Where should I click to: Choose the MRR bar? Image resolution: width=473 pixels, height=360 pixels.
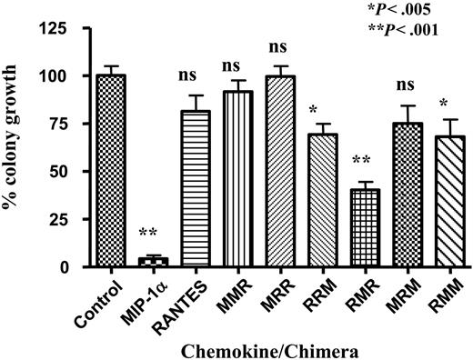[274, 172]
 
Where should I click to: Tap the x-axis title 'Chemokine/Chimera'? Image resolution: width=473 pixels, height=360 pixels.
[263, 348]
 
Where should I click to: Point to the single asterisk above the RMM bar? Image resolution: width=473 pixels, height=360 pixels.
[438, 102]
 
